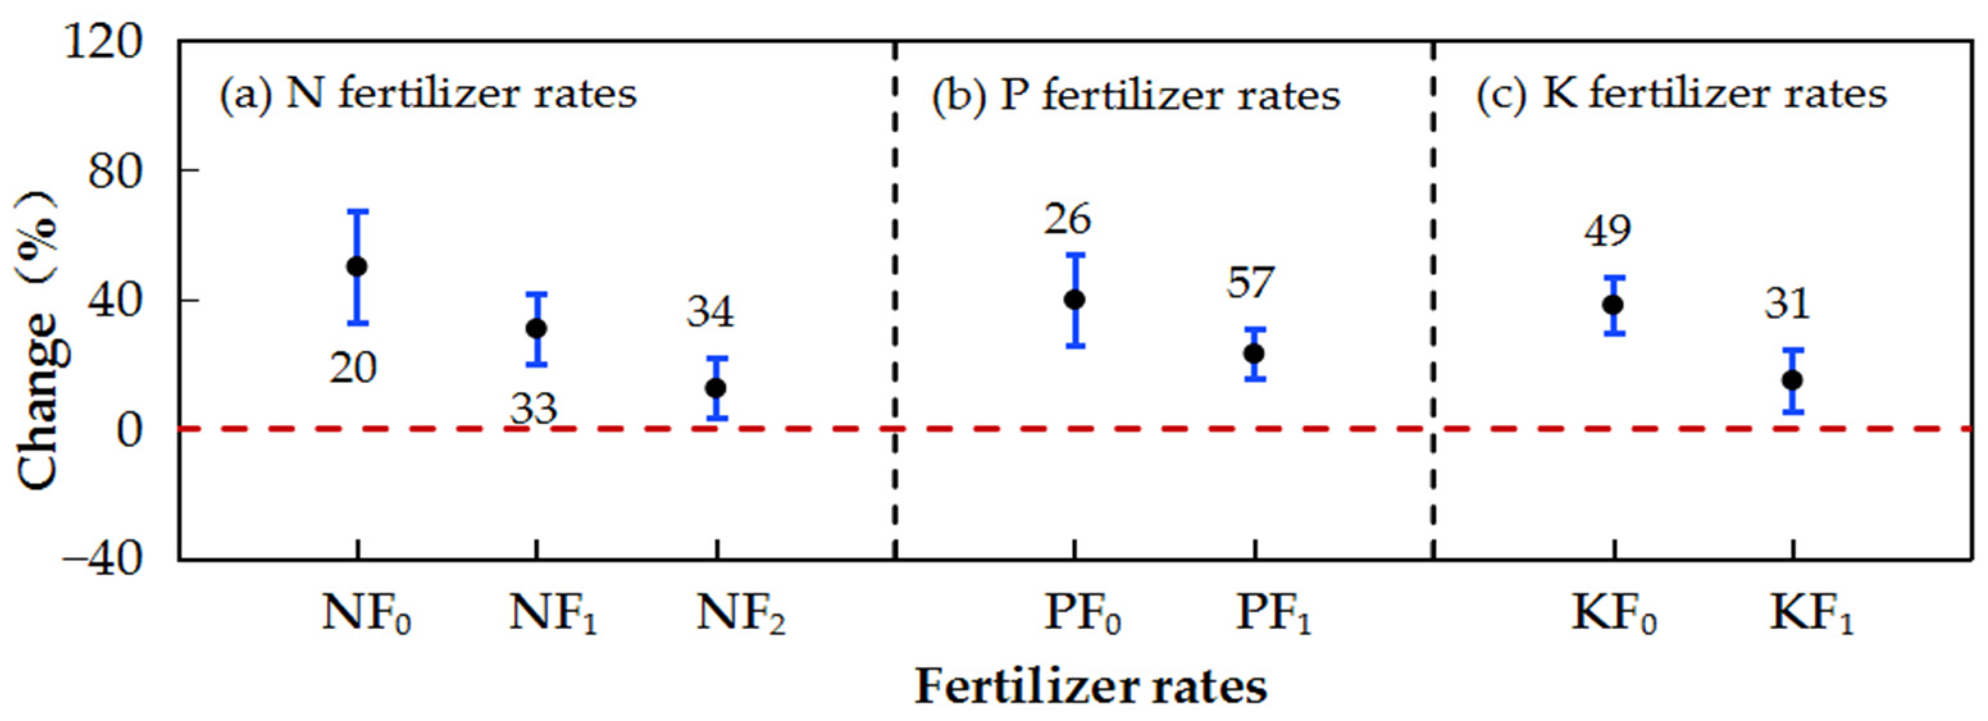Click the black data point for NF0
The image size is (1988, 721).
pyautogui.click(x=357, y=267)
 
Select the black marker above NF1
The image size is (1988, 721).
pyautogui.click(x=536, y=328)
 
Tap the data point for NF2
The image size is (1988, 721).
pyautogui.click(x=716, y=388)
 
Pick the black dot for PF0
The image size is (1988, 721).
pyautogui.click(x=1074, y=300)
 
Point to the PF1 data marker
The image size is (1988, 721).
pyautogui.click(x=1254, y=353)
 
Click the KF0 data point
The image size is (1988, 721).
pyautogui.click(x=1612, y=305)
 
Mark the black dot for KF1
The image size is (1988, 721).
pyautogui.click(x=1792, y=380)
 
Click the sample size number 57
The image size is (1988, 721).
pyautogui.click(x=1250, y=282)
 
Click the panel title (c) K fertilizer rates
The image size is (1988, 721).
pyautogui.click(x=1682, y=94)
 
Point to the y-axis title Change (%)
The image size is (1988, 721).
pyautogui.click(x=38, y=339)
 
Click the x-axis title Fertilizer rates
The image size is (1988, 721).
pyautogui.click(x=1090, y=686)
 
